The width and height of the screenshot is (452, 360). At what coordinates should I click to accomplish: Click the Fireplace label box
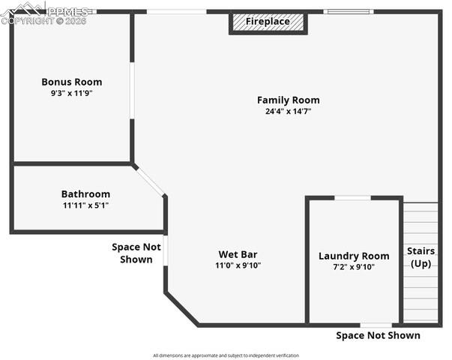tap(268, 22)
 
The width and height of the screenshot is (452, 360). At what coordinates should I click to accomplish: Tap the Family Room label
tap(288, 100)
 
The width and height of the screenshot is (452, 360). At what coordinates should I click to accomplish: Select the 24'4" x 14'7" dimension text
tap(288, 111)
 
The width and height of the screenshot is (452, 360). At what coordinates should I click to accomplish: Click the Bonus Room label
tap(71, 82)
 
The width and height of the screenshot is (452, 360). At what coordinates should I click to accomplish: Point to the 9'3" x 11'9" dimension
tap(71, 93)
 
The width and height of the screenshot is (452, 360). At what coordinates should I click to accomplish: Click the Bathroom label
tap(85, 193)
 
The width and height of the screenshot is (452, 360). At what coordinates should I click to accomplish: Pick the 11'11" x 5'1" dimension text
tap(85, 205)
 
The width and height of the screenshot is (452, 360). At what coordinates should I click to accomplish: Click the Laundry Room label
tap(354, 256)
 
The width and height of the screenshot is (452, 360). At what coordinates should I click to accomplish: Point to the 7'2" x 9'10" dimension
tap(354, 267)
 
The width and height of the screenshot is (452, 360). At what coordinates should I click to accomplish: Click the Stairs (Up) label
tap(421, 257)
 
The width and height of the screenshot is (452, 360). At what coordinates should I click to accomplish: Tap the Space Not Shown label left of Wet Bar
tap(136, 253)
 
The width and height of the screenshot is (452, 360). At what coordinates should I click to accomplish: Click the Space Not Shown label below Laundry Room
tap(378, 335)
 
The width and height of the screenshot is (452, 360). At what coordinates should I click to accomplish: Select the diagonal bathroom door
tap(150, 180)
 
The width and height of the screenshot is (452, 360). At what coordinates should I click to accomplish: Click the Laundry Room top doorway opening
tap(352, 198)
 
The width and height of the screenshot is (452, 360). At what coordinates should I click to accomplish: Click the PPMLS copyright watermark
tap(45, 13)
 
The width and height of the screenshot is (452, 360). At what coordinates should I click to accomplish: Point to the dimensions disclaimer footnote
tap(226, 355)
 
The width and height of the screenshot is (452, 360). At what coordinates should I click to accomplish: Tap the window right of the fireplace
tap(346, 12)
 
